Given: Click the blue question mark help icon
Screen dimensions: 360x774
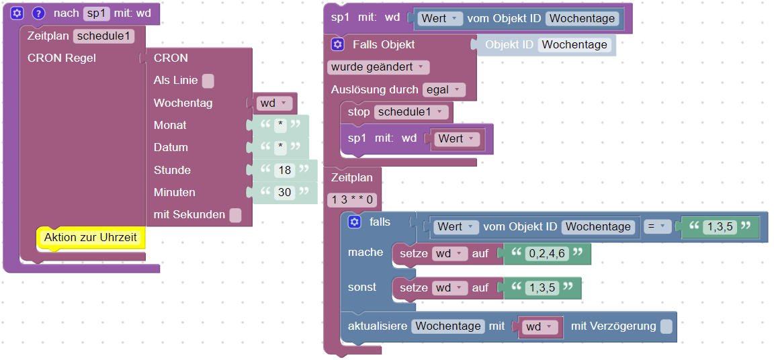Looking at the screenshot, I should (x=38, y=13).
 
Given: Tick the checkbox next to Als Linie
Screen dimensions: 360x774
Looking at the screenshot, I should (x=208, y=81).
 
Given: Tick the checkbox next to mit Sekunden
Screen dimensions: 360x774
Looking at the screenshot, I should (x=235, y=215).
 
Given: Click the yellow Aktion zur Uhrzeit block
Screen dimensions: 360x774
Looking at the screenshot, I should (x=90, y=237).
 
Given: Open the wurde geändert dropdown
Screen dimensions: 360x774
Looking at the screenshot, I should (x=378, y=67).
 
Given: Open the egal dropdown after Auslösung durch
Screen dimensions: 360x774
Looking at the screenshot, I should (x=443, y=89).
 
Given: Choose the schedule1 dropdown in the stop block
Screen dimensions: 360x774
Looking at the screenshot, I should (x=411, y=111).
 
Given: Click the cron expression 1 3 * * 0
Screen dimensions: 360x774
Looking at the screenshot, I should (x=353, y=199).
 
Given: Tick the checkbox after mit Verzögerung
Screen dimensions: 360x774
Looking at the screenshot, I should (x=666, y=326).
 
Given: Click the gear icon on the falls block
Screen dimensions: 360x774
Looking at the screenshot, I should (x=355, y=222).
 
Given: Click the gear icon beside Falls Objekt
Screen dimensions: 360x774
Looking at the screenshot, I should (x=338, y=45).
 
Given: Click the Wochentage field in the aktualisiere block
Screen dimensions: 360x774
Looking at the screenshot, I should (x=447, y=326).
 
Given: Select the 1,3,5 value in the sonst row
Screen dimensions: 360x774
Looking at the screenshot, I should (x=542, y=287).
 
